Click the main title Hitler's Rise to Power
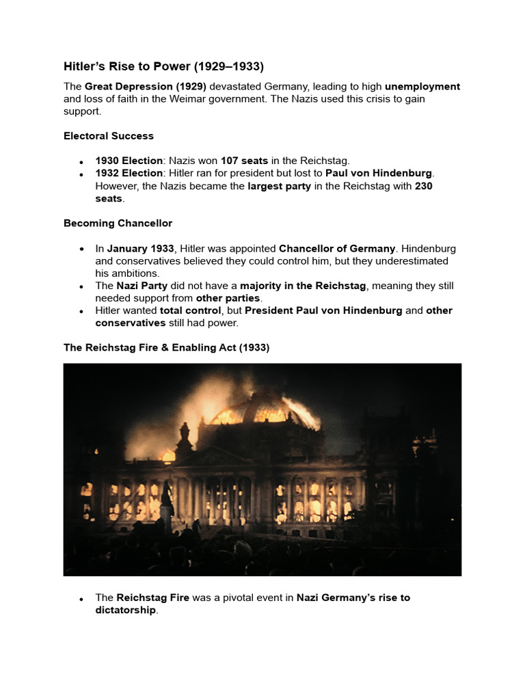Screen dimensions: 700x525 click(x=163, y=66)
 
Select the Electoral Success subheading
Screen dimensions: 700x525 click(x=109, y=136)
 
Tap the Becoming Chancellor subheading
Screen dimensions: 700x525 click(x=118, y=224)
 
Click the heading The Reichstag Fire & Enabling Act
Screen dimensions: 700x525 click(x=166, y=347)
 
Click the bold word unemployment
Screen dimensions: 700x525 click(x=422, y=87)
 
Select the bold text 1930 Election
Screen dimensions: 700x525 click(x=129, y=161)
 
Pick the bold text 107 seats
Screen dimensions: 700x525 click(x=244, y=161)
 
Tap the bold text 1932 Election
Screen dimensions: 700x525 click(x=129, y=173)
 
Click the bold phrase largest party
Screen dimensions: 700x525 click(x=279, y=185)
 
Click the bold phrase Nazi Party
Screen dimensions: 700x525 click(x=142, y=286)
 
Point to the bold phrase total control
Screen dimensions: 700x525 click(x=190, y=310)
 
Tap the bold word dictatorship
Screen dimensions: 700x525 click(x=126, y=610)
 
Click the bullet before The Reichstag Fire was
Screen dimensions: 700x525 click(x=81, y=599)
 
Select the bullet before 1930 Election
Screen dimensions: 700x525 click(x=81, y=162)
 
